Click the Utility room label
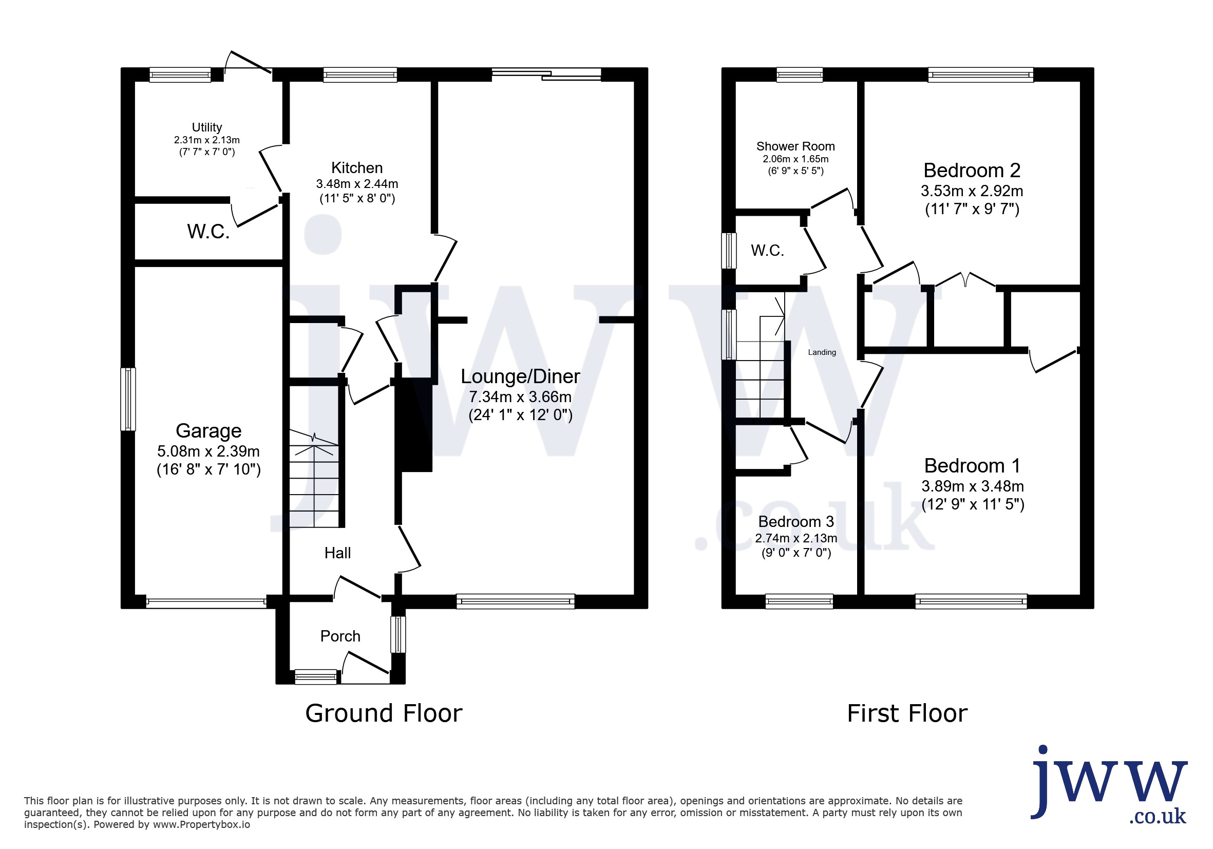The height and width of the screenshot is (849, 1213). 206,127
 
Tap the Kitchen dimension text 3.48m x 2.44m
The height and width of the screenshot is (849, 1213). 357,184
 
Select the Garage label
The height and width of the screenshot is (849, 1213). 208,431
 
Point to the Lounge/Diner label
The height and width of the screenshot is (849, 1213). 520,376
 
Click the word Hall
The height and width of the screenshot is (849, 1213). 337,553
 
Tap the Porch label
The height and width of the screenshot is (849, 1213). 340,636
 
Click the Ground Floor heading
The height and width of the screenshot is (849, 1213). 384,713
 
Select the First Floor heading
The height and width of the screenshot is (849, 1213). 907,713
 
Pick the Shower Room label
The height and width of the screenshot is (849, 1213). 795,146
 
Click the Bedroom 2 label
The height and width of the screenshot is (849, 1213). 972,171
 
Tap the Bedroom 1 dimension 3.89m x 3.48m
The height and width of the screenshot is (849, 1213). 973,486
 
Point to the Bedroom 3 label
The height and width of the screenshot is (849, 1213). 795,521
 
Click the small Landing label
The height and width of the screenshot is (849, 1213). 822,352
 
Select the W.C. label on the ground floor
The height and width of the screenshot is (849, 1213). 208,232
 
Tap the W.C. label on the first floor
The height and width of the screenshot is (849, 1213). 767,251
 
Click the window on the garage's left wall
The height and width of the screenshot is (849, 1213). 128,400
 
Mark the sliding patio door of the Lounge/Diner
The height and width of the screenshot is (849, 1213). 546,74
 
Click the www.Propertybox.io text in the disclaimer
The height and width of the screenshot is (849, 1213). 201,825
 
